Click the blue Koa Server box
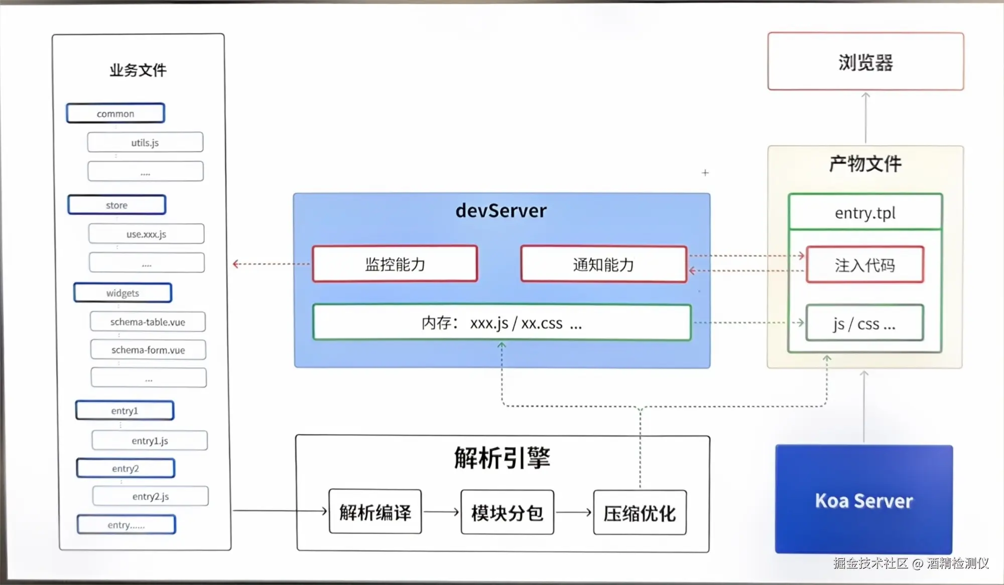click(x=863, y=499)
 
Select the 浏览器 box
click(x=865, y=62)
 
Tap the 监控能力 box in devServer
click(x=395, y=264)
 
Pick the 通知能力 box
click(x=603, y=264)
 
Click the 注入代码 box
click(x=864, y=265)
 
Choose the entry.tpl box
click(x=865, y=212)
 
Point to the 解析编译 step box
click(x=375, y=512)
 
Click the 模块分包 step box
click(x=507, y=512)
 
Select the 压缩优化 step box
click(x=640, y=513)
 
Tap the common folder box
click(x=115, y=113)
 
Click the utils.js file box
click(x=145, y=142)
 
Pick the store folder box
click(x=116, y=205)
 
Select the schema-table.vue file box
click(x=148, y=322)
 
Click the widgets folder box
click(x=122, y=293)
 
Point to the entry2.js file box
click(x=150, y=496)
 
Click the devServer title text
click(x=501, y=210)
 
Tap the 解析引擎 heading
click(x=502, y=457)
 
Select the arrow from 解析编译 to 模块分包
click(x=441, y=512)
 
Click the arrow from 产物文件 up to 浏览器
click(x=865, y=118)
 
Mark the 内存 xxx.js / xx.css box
click(x=501, y=322)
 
